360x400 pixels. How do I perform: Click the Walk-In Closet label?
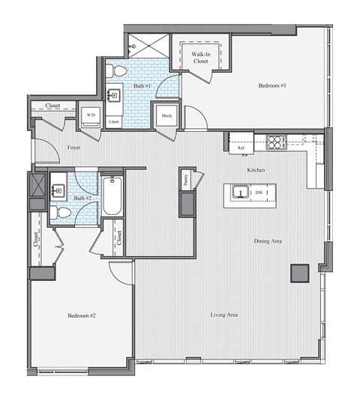click(199, 58)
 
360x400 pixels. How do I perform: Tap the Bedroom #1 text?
click(273, 86)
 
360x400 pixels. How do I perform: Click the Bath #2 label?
click(83, 198)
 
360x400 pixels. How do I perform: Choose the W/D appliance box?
click(91, 115)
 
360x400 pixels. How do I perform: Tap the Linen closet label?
click(114, 121)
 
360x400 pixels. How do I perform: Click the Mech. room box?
click(165, 116)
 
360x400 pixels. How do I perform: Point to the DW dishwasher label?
click(259, 193)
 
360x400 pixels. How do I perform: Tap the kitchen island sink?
click(241, 193)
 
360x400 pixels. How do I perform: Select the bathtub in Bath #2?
click(112, 194)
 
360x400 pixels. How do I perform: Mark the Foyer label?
click(73, 148)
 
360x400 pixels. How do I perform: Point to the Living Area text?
click(224, 315)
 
